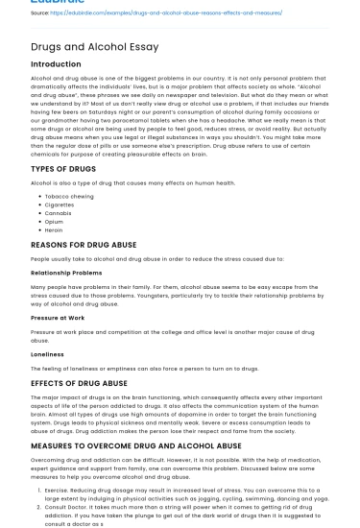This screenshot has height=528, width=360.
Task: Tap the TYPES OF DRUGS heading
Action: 64,170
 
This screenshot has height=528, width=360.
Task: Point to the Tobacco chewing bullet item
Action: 68,196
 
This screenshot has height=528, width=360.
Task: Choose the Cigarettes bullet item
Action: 60,204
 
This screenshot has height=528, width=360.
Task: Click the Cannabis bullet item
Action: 59,213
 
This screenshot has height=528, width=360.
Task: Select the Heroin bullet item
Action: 55,230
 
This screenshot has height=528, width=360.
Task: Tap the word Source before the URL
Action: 41,12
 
